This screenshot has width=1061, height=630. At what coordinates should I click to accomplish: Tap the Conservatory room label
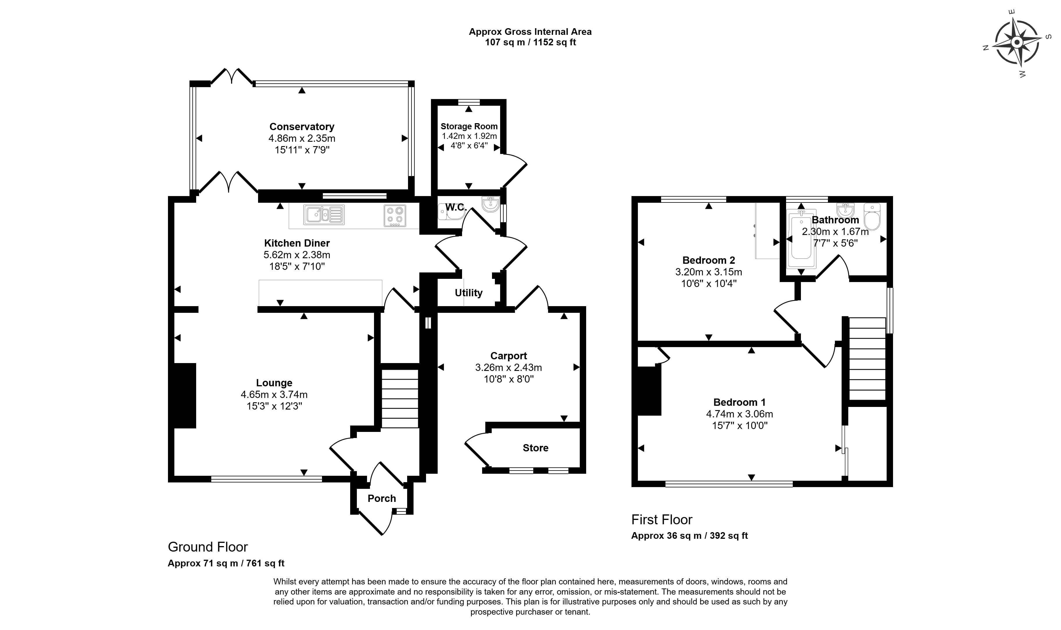pos(302,127)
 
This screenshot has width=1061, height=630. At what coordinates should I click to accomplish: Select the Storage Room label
pos(469,126)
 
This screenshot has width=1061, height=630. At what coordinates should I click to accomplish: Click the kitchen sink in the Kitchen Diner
pos(324,215)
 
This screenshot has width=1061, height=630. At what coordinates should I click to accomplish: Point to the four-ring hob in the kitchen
pos(395,215)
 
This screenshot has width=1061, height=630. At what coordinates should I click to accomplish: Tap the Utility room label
pos(468,292)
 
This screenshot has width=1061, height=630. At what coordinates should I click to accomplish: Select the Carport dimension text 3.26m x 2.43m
pos(508,367)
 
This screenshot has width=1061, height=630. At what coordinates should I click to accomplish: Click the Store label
pos(535,448)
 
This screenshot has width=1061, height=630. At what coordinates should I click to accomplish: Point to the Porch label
pos(381,498)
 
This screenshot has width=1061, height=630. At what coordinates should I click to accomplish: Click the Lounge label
pos(274,383)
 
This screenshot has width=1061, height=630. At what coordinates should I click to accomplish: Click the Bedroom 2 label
pos(708,260)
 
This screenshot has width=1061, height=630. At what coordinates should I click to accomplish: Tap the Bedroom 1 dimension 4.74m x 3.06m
pos(740,414)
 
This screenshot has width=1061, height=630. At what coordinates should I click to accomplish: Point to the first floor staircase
pos(867,359)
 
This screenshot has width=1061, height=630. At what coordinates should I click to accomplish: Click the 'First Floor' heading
pos(662,520)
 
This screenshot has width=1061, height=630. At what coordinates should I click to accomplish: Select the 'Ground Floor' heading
pos(208,547)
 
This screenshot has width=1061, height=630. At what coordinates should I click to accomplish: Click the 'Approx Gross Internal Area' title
pos(530,31)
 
